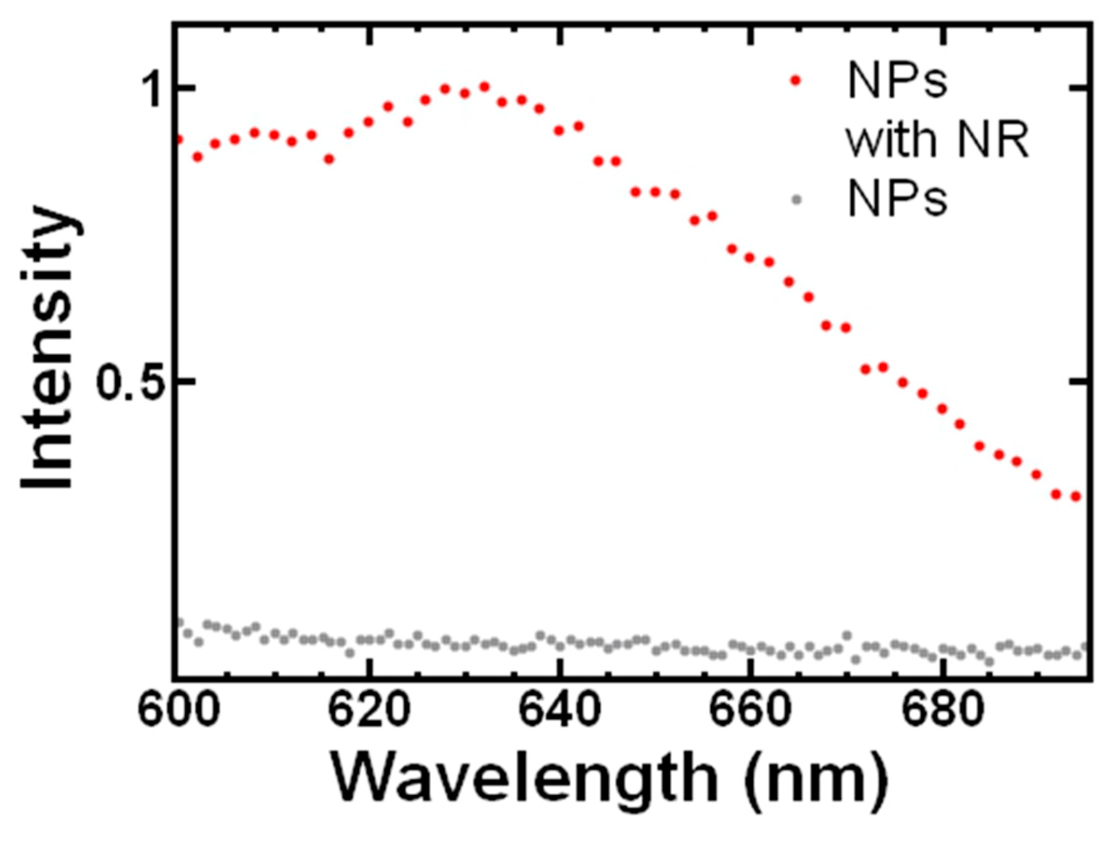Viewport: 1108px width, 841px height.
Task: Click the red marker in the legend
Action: (795, 81)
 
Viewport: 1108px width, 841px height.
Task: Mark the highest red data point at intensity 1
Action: (484, 87)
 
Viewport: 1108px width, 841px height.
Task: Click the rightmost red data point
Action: (1074, 497)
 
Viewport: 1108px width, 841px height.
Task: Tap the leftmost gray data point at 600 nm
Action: (179, 622)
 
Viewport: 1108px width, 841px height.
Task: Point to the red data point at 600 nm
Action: (178, 139)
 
